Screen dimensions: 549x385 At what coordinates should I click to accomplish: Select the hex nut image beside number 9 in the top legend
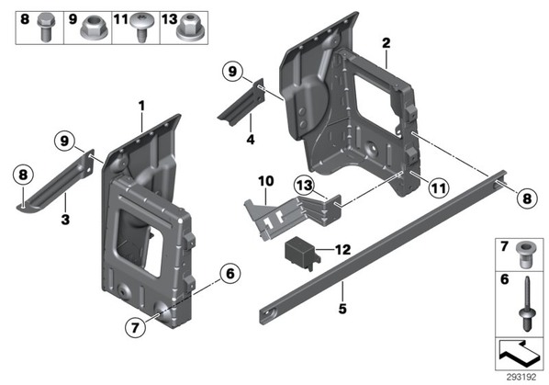[95, 28]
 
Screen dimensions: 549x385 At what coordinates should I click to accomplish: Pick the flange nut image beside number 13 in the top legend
[191, 28]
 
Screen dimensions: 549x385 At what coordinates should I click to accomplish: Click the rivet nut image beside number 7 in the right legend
[525, 255]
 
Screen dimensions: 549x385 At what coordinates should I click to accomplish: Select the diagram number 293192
[521, 377]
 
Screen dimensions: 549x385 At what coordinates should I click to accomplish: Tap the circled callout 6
[230, 273]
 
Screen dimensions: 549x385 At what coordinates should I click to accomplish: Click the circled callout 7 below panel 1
[135, 327]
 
